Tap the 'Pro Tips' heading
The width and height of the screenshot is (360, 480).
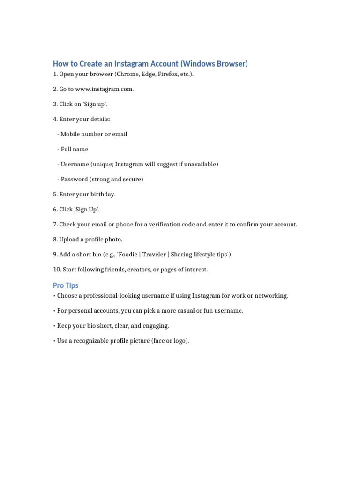click(66, 285)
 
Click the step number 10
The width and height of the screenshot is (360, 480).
click(57, 270)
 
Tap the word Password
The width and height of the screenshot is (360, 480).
click(75, 179)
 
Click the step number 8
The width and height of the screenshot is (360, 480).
click(55, 240)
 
